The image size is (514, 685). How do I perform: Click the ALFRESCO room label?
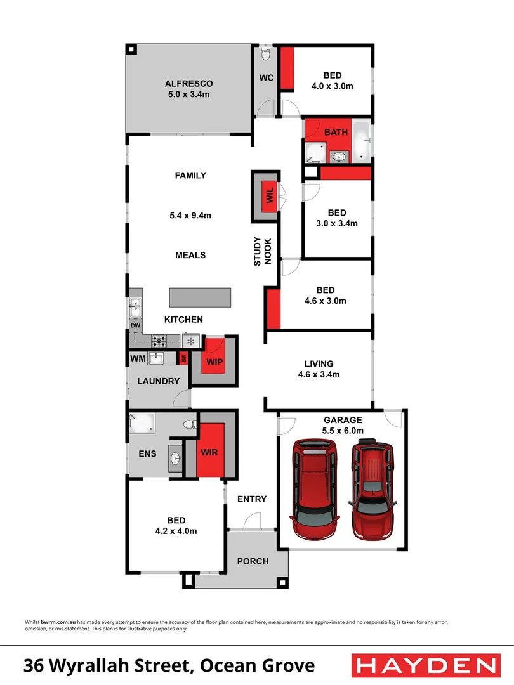click(188, 84)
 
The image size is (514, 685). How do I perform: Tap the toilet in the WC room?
click(266, 55)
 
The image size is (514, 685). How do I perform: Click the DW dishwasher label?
click(135, 326)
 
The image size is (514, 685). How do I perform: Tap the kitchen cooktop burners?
click(159, 341)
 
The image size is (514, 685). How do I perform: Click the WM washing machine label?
click(138, 359)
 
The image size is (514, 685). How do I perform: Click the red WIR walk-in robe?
click(209, 451)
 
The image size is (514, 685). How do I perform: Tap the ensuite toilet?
click(188, 424)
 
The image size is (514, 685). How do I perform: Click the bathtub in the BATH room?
click(362, 141)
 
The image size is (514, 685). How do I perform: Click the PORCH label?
click(253, 561)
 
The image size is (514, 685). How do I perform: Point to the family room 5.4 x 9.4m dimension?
click(190, 216)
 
